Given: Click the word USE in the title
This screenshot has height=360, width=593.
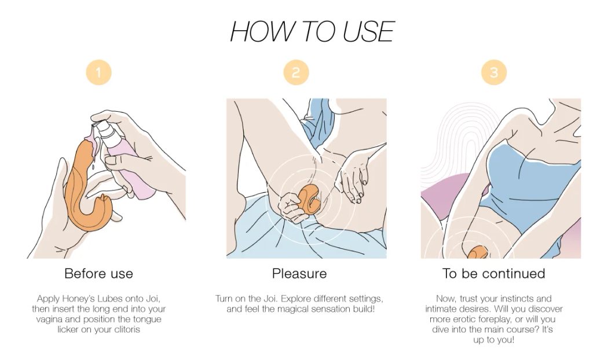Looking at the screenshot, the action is [x=368, y=31].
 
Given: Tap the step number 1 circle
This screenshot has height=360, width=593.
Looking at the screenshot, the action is [x=98, y=72].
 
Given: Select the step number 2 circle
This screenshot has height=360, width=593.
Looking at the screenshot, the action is [x=296, y=72].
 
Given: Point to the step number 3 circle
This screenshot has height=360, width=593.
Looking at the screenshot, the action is [x=494, y=72].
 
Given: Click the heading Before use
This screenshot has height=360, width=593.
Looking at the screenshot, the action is [x=98, y=273].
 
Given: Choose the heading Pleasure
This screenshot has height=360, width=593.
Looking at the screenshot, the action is [x=299, y=273].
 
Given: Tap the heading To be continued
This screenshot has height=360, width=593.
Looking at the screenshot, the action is [x=493, y=273].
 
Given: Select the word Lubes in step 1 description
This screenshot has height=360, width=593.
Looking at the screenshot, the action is [x=109, y=299].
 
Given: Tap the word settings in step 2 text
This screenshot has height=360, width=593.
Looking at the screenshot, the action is [x=365, y=299].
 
